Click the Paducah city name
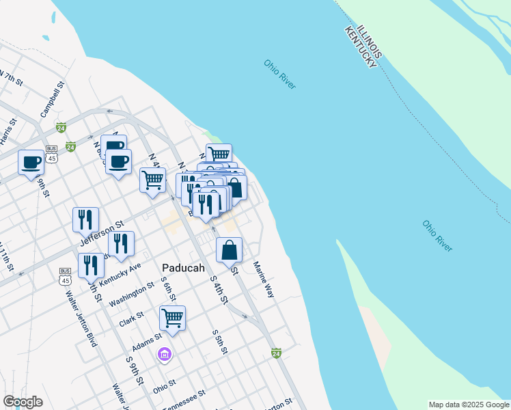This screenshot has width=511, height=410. [x=183, y=268]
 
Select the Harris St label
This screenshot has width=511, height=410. [x=8, y=131]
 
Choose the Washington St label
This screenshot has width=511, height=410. [x=132, y=295]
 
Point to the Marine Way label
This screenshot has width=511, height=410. [x=263, y=279]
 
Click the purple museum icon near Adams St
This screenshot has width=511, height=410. [x=164, y=354]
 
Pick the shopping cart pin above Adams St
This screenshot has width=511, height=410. [x=172, y=318]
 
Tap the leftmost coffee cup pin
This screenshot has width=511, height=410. [x=31, y=162]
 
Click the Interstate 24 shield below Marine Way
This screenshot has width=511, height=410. [x=276, y=353]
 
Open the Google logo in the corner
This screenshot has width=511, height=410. [x=23, y=402]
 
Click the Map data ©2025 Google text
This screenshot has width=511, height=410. [x=469, y=405]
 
